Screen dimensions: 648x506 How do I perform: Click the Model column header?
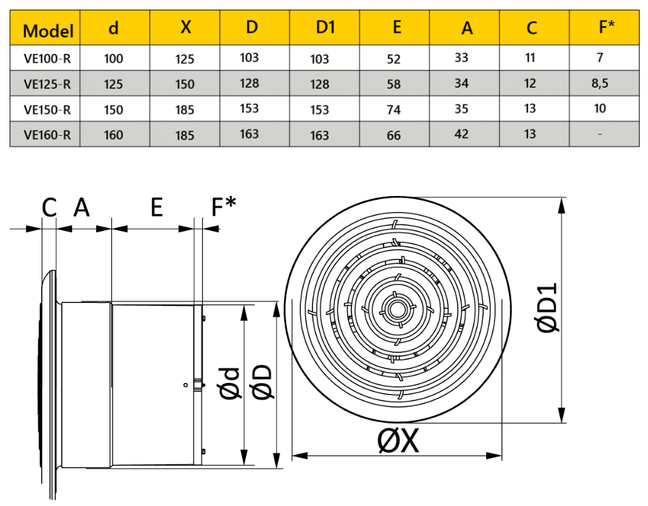(48, 31)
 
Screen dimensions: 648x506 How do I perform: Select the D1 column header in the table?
(325, 27)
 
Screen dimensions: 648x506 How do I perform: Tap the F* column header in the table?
(606, 26)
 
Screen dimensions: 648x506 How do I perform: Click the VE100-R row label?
(47, 58)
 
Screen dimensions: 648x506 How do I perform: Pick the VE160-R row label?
(47, 135)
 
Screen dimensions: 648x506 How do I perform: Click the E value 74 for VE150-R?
(393, 110)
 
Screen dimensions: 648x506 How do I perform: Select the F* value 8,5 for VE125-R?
(599, 83)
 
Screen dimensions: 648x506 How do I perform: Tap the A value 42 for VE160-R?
(461, 134)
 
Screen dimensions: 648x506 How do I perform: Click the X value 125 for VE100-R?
(184, 59)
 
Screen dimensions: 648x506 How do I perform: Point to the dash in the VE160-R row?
(600, 134)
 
